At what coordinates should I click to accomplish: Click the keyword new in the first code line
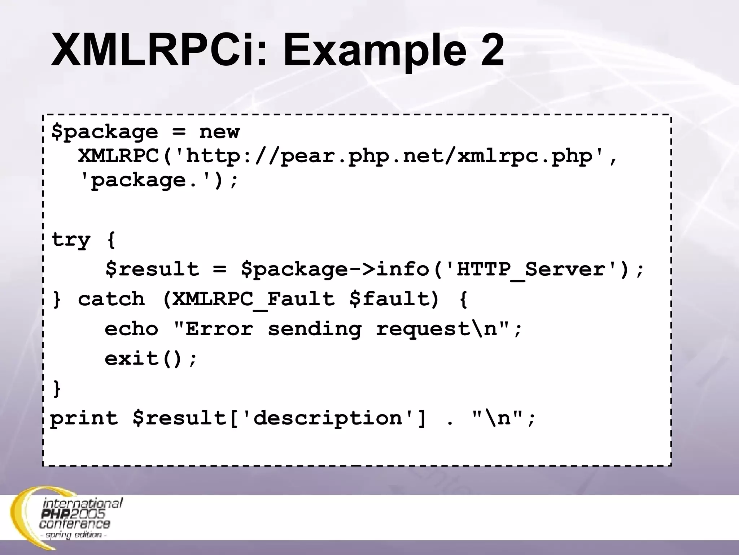(219, 132)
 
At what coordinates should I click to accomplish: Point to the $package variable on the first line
(105, 132)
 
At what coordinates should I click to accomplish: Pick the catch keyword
(111, 299)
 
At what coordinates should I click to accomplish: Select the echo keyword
(131, 329)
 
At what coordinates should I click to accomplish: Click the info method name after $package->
(403, 270)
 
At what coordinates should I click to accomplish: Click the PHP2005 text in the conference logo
(74, 513)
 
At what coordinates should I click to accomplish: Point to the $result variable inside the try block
(152, 270)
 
